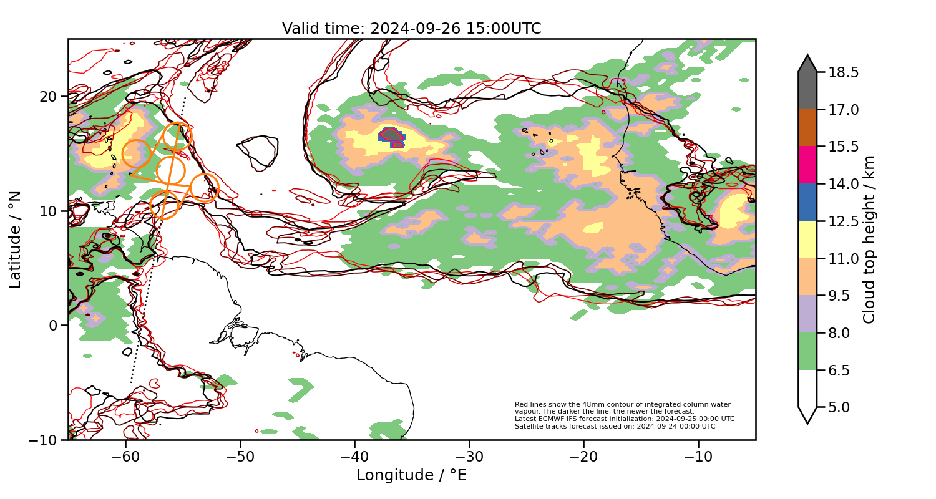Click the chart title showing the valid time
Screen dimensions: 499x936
click(x=411, y=29)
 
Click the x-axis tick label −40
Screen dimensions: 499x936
click(x=354, y=456)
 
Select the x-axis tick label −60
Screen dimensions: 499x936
click(x=125, y=456)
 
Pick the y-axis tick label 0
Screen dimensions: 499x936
click(x=52, y=326)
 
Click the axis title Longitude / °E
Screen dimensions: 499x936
click(x=411, y=475)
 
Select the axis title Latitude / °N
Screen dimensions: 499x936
click(x=16, y=240)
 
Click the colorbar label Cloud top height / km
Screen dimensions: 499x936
click(x=869, y=240)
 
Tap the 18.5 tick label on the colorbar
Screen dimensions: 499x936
click(x=842, y=72)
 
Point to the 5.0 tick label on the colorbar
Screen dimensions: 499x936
click(x=839, y=407)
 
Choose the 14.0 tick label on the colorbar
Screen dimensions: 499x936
click(x=842, y=184)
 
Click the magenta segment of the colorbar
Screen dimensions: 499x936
click(x=807, y=165)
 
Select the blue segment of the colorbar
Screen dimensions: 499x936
click(x=807, y=202)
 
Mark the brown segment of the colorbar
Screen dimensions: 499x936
click(x=807, y=128)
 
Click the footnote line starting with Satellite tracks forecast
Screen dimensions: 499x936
click(x=615, y=427)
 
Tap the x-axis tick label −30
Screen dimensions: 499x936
click(x=469, y=456)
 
